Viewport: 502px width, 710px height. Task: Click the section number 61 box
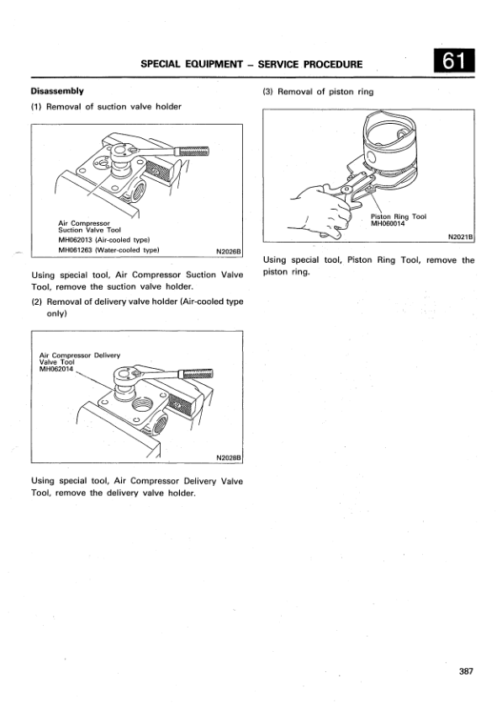point(455,61)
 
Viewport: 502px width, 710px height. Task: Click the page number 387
point(466,671)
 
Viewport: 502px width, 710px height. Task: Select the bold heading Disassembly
point(57,91)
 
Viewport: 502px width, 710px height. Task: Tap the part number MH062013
point(75,240)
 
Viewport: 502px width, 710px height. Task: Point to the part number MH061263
point(75,250)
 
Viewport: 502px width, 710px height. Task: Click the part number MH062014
point(56,369)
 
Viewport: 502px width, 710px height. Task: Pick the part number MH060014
point(388,224)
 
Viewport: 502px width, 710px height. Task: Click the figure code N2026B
point(230,251)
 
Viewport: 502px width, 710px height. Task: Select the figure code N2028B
point(230,458)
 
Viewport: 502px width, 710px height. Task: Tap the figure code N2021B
point(461,237)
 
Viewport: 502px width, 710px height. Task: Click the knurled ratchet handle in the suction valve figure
point(193,151)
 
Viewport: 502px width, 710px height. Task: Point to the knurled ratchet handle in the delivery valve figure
point(196,374)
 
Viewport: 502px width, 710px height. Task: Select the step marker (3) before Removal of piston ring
point(267,92)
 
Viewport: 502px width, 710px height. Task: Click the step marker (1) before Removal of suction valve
point(36,107)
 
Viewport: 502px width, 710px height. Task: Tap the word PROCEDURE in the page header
point(333,64)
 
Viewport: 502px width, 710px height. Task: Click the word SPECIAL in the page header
point(161,64)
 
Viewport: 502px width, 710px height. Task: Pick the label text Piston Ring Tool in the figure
point(399,217)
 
